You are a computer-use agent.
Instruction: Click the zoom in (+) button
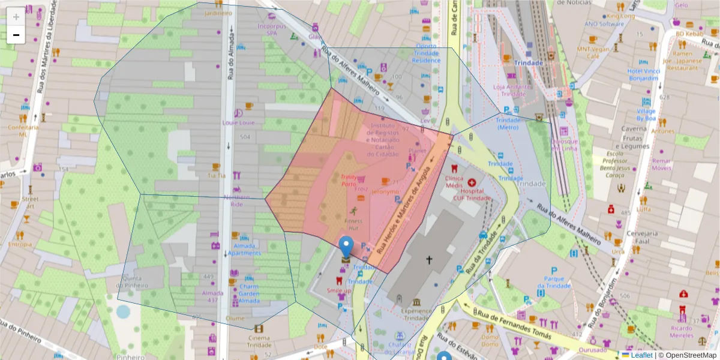point(16,17)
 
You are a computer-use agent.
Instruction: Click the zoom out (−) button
point(16,35)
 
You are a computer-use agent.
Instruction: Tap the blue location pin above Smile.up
point(346,247)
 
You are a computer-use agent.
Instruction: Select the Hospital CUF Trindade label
point(472,194)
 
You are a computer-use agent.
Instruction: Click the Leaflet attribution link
point(640,355)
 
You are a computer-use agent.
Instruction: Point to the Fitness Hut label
point(353,224)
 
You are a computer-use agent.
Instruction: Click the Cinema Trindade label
point(259,340)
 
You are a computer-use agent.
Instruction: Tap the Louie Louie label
point(239,122)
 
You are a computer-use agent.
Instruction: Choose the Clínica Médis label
point(454,182)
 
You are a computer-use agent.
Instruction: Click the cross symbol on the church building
point(429,260)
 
